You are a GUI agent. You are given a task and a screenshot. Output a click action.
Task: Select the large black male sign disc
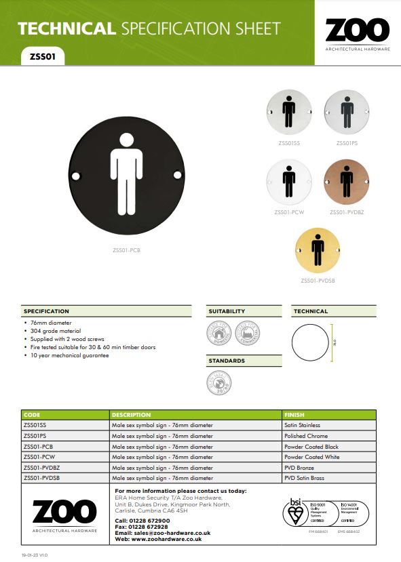click(127, 175)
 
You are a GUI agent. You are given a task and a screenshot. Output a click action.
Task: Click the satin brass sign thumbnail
click(318, 252)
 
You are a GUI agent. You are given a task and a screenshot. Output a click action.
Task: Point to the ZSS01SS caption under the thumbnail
click(289, 143)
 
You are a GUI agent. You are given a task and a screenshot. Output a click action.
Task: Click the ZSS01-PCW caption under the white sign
click(288, 212)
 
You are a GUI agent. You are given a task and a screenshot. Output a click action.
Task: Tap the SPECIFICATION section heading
click(47, 311)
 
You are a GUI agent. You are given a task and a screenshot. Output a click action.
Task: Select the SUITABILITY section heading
click(227, 311)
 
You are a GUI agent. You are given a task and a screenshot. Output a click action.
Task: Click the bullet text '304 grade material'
click(54, 331)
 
